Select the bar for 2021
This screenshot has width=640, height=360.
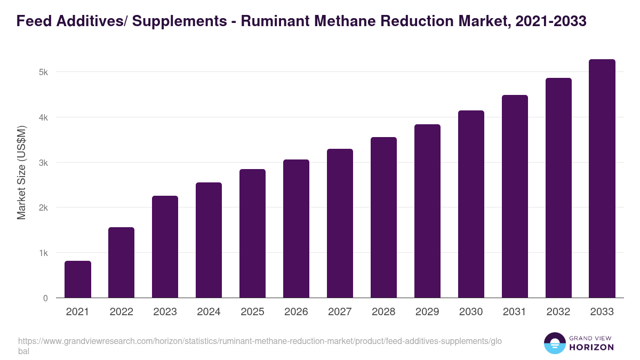point(78,279)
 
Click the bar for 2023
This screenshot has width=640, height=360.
point(165,247)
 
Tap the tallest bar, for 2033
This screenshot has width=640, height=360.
point(602,179)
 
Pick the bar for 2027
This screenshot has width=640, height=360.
point(340,223)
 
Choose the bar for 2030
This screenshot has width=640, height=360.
point(471,204)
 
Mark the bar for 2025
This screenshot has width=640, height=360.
point(252,234)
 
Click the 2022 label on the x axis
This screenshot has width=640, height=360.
point(121,312)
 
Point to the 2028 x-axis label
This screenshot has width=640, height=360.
point(383,312)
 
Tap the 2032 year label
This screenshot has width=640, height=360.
point(558,312)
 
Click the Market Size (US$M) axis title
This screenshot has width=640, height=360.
point(21,172)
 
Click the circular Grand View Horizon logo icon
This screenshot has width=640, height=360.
point(555,343)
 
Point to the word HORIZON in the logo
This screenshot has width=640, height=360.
point(591,347)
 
